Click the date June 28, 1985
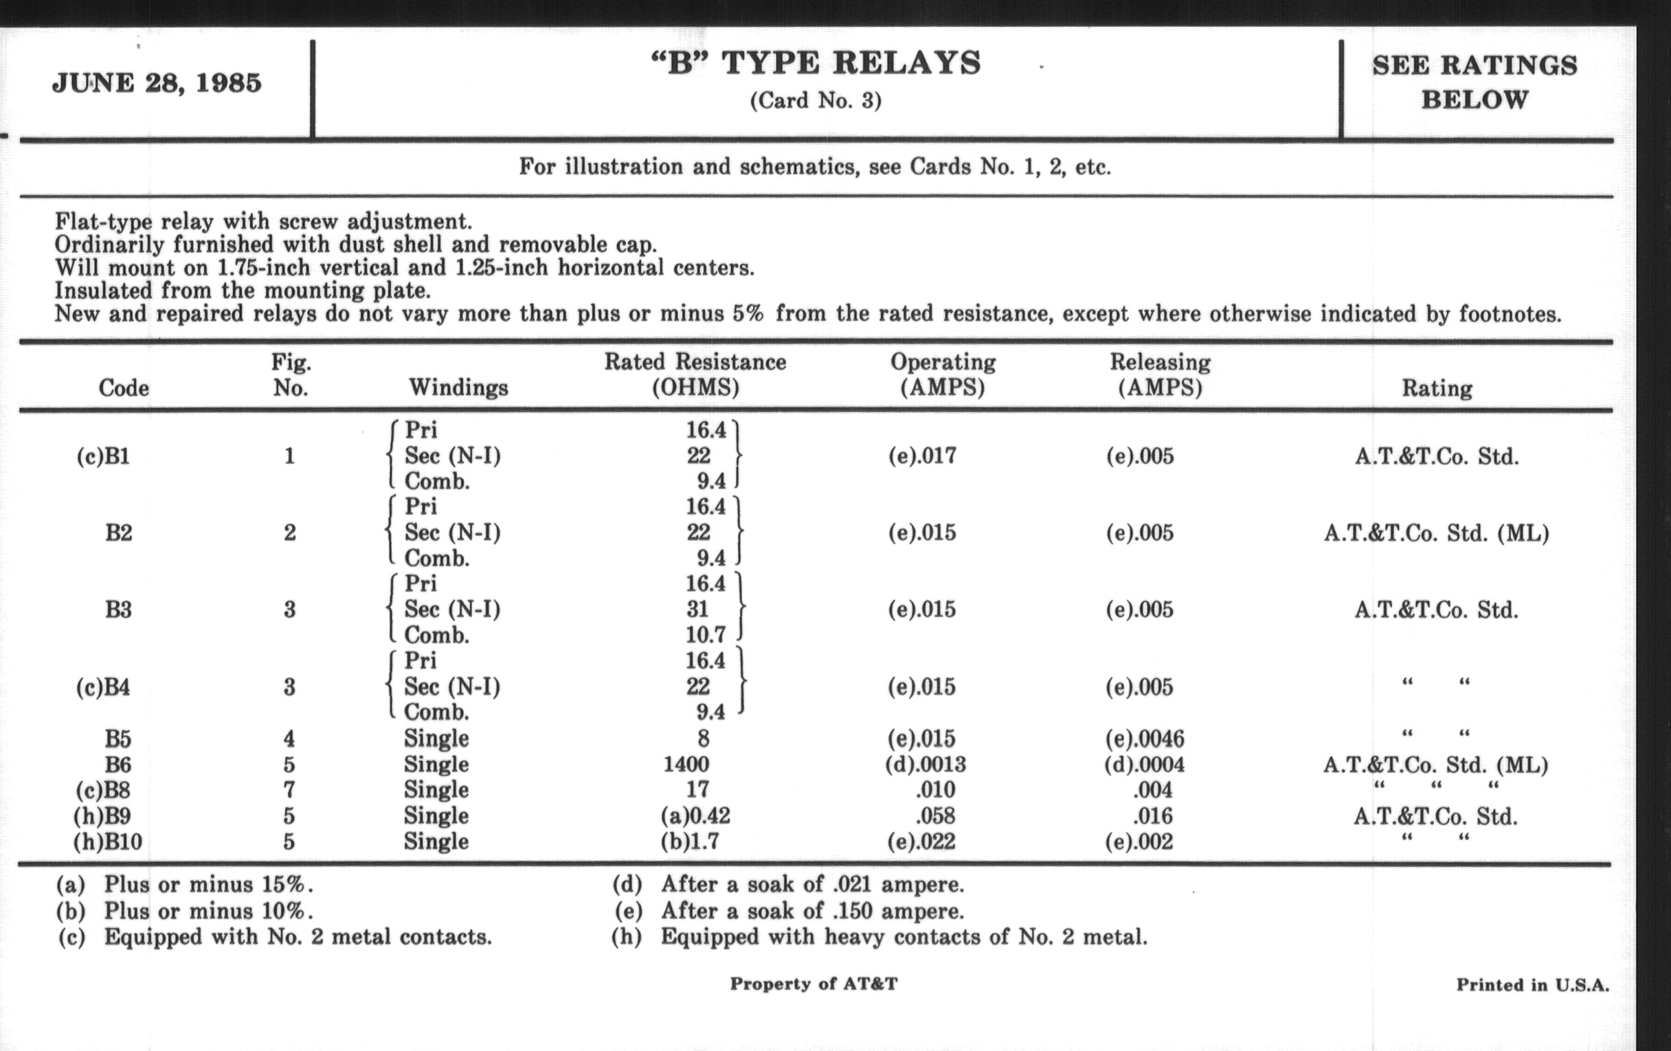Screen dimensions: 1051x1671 pyautogui.click(x=157, y=83)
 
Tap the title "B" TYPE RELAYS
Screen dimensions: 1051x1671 pyautogui.click(x=816, y=63)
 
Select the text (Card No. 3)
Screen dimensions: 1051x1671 pyautogui.click(x=816, y=101)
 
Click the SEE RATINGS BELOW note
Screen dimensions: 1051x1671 pyautogui.click(x=1474, y=82)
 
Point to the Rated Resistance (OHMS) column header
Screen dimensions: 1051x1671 pyautogui.click(x=695, y=374)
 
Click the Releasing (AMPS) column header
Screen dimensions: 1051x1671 pyautogui.click(x=1160, y=374)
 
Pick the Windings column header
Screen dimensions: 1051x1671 pyautogui.click(x=458, y=387)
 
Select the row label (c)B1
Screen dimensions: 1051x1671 pyautogui.click(x=102, y=457)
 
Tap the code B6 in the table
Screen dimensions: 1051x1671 pyautogui.click(x=118, y=765)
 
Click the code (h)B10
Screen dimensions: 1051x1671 pyautogui.click(x=108, y=841)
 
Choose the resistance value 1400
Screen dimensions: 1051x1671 pyautogui.click(x=686, y=765)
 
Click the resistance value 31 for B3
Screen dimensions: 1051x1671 pyautogui.click(x=697, y=609)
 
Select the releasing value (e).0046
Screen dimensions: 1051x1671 pyautogui.click(x=1144, y=739)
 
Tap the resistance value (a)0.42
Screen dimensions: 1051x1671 pyautogui.click(x=695, y=816)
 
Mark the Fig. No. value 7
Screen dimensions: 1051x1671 pyautogui.click(x=289, y=789)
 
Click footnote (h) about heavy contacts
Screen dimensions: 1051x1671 pyautogui.click(x=879, y=937)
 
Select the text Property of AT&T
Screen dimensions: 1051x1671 pyautogui.click(x=814, y=984)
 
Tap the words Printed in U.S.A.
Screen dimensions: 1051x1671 pyautogui.click(x=1532, y=985)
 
